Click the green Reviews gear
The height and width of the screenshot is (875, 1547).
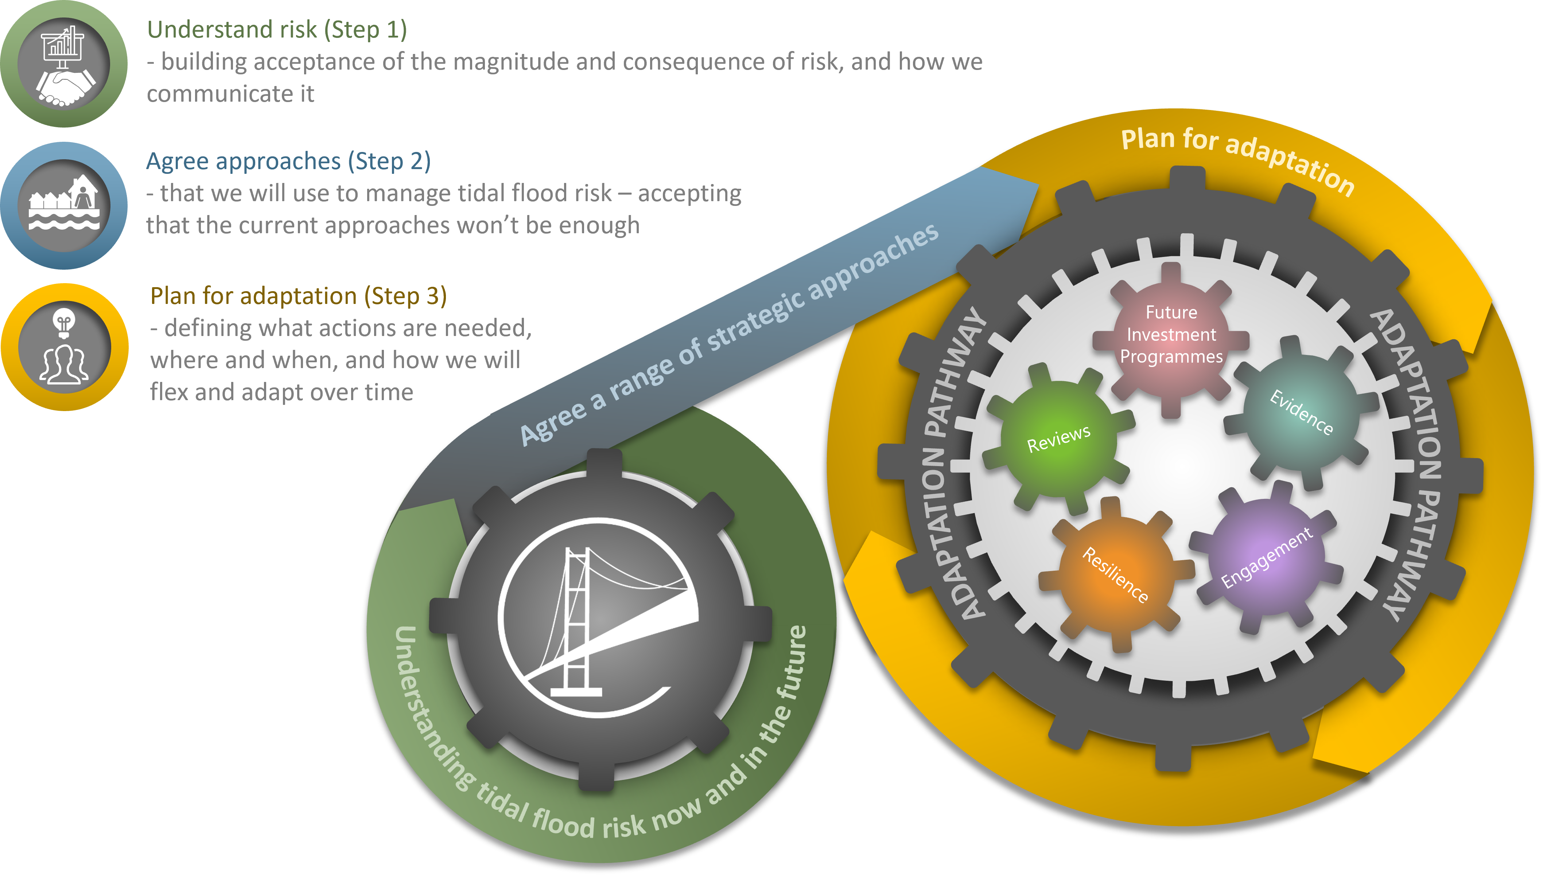(x=1058, y=439)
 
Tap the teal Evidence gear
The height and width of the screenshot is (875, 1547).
(x=1301, y=412)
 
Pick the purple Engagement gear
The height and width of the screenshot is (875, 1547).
(x=1266, y=558)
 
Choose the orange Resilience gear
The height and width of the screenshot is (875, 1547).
(x=1115, y=574)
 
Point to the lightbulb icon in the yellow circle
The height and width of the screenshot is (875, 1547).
(x=64, y=321)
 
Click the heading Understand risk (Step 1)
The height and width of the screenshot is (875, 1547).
(x=277, y=30)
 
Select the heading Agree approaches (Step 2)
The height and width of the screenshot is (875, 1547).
(x=289, y=161)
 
